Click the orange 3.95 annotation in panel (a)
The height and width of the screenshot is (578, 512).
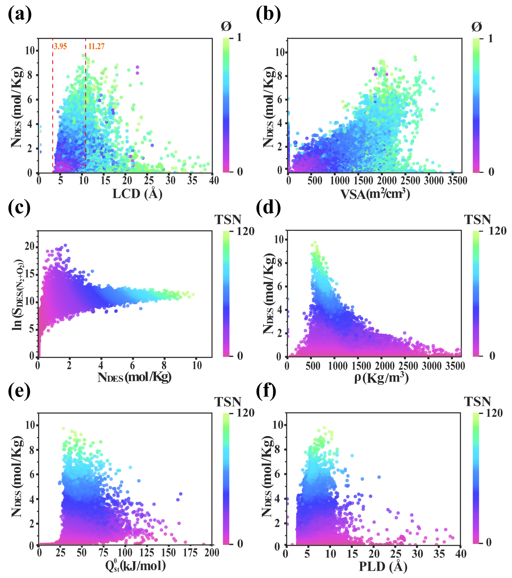(60, 46)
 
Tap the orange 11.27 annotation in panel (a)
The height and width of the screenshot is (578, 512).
(96, 46)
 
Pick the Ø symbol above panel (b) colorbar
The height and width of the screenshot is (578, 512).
(477, 27)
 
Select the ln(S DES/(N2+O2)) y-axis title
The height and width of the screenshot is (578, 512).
(18, 294)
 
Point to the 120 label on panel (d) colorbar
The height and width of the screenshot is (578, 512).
(498, 231)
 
